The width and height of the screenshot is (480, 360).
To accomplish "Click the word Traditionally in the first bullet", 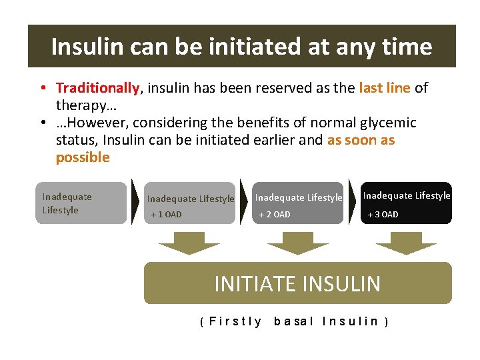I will tap(97, 88).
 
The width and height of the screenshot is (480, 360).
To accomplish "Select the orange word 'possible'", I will tap(83, 157).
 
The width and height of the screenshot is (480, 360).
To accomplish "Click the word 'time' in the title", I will tap(407, 47).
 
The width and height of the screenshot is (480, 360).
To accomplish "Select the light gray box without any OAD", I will tap(81, 203).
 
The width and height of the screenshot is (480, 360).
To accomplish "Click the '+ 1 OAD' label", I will tap(166, 215).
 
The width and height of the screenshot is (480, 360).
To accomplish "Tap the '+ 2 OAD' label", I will tap(275, 215).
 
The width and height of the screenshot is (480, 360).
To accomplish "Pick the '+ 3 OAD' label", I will tap(383, 215).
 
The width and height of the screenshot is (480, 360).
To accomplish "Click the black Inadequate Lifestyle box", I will tap(406, 203).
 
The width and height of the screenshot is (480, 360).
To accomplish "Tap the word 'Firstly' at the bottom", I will tap(235, 321).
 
